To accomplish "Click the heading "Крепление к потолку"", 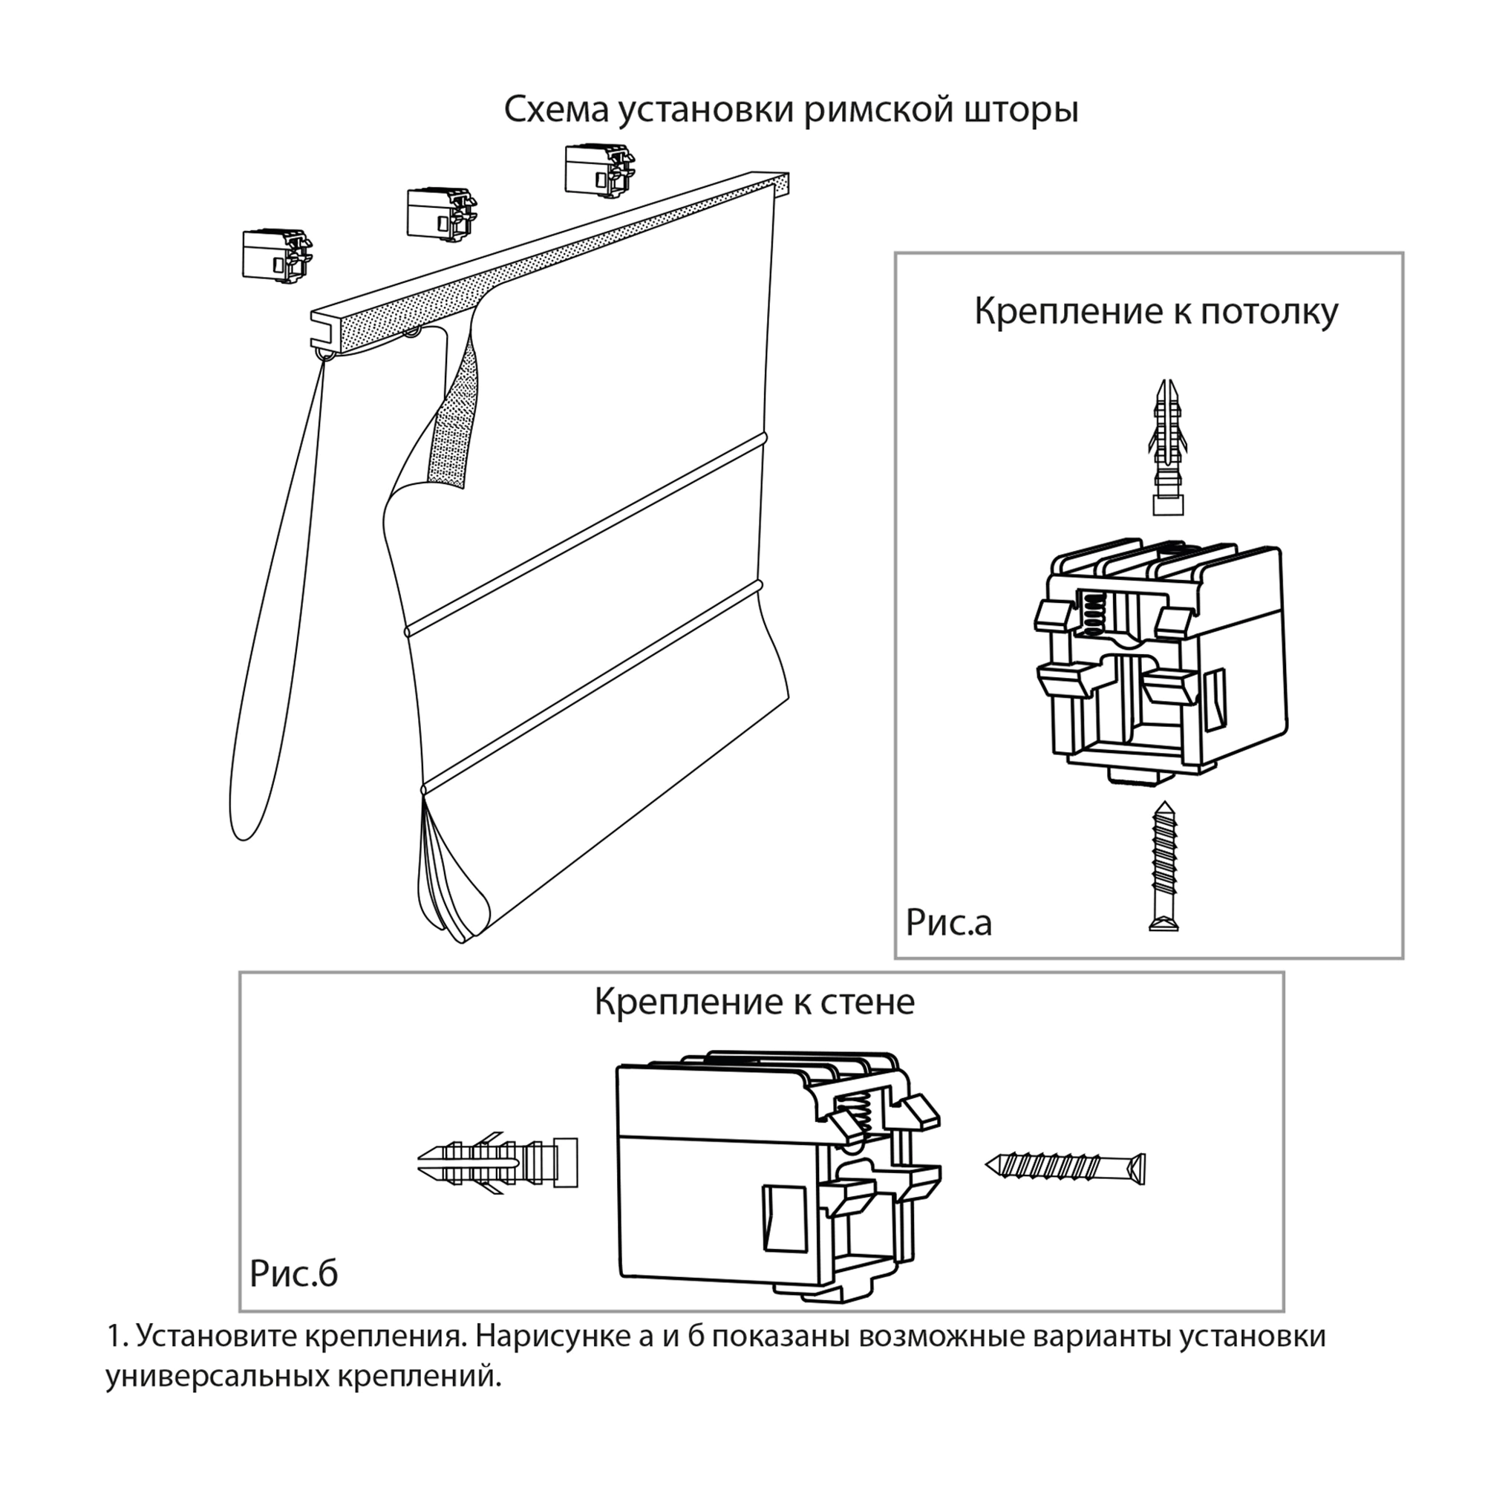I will [x=1156, y=312].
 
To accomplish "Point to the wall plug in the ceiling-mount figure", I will [x=1167, y=446].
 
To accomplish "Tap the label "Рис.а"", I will [x=948, y=922].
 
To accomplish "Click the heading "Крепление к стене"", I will [x=754, y=1002].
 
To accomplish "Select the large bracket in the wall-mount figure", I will [x=777, y=1176].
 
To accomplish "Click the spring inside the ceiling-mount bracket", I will [x=1091, y=613].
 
